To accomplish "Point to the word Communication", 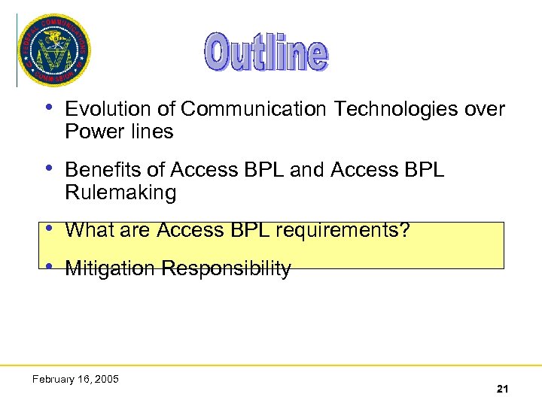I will pyautogui.click(x=254, y=110).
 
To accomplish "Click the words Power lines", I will pyautogui.click(x=119, y=132).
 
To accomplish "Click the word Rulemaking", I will pyautogui.click(x=120, y=193).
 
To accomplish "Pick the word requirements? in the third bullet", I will pyautogui.click(x=343, y=231).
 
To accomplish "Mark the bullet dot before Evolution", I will pyautogui.click(x=49, y=107).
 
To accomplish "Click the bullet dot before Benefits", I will pyautogui.click(x=49, y=168).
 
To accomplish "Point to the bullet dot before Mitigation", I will pyautogui.click(x=49, y=266).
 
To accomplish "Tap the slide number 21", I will pyautogui.click(x=502, y=389).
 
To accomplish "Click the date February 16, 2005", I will pyautogui.click(x=75, y=379).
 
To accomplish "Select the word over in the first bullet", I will pyautogui.click(x=484, y=110).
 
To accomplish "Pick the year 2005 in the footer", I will pyautogui.click(x=106, y=379).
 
